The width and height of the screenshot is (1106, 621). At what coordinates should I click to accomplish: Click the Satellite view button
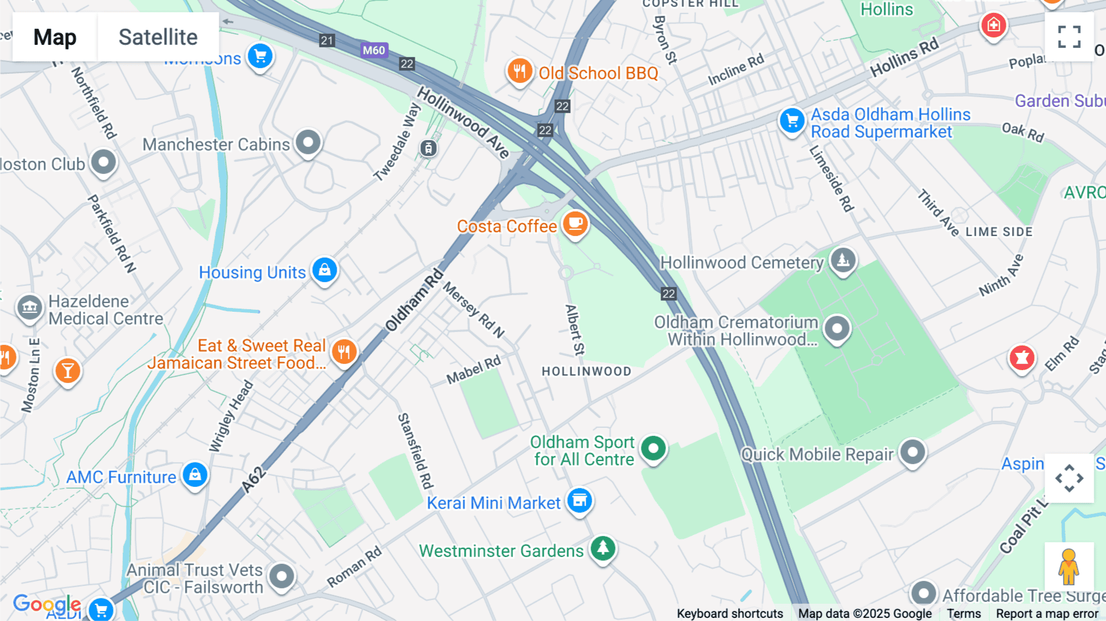[158, 37]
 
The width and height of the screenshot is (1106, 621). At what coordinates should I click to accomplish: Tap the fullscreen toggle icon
[1069, 37]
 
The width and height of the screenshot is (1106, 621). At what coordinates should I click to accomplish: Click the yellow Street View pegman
[1069, 566]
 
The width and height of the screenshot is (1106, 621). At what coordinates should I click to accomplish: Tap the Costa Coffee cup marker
[575, 224]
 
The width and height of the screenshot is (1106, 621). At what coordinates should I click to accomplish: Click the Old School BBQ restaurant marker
[520, 71]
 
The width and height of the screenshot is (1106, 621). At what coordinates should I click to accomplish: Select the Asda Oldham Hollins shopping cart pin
[792, 121]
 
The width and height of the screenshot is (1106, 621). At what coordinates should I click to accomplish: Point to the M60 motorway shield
[374, 50]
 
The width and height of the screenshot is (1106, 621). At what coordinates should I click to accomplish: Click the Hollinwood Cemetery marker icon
[843, 260]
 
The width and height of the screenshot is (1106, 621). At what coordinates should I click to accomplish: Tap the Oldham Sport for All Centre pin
[653, 449]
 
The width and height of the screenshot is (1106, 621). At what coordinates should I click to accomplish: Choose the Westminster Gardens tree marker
[603, 547]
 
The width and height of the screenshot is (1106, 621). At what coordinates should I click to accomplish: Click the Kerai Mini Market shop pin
[579, 500]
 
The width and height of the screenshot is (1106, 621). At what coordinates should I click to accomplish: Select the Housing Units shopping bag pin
[324, 270]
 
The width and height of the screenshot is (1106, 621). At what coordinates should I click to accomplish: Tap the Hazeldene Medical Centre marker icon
[29, 307]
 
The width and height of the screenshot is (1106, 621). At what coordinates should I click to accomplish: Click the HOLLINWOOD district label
[586, 371]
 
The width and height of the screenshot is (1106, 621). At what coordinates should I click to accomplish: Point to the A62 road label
[254, 480]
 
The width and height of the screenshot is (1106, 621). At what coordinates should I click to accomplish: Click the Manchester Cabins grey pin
[308, 143]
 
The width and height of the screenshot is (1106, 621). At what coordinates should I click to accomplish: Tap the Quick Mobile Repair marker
[912, 453]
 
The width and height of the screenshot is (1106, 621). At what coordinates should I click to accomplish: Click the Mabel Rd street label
[473, 370]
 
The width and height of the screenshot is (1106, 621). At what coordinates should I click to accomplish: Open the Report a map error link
[1047, 614]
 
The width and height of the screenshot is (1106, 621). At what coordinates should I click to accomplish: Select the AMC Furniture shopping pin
[195, 475]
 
